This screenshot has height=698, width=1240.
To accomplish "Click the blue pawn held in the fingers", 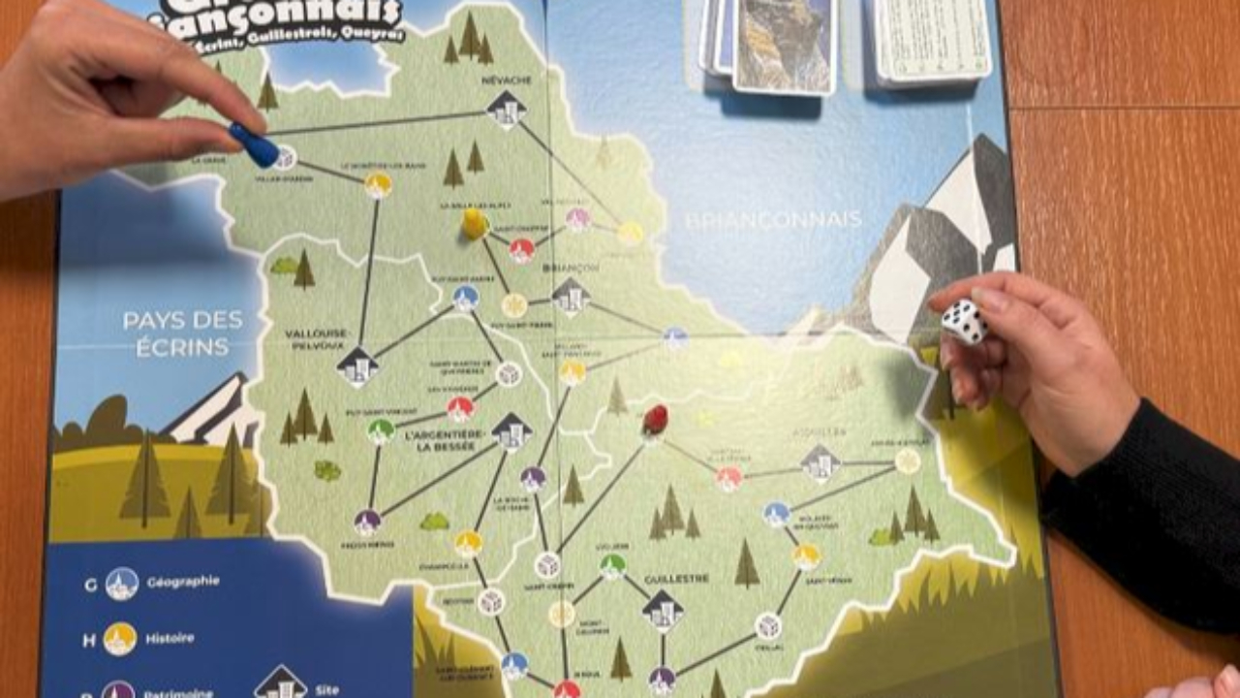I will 254,144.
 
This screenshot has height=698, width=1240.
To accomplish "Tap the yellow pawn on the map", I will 475,224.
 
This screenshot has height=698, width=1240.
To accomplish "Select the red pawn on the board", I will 655,420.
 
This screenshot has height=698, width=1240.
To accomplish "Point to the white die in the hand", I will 965,322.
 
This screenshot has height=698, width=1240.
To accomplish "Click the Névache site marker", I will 507,110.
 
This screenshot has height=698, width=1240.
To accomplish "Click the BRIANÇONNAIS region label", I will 773,219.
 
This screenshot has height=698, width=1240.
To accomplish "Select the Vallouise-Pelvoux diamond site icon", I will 357,365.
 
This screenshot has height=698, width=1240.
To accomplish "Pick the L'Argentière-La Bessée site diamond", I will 511,432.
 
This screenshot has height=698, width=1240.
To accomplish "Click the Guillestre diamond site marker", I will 663,609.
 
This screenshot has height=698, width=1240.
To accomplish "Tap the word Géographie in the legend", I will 183,582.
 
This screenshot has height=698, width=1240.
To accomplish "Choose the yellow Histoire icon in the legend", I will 120,638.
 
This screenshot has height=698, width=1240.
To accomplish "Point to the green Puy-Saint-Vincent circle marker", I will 381,431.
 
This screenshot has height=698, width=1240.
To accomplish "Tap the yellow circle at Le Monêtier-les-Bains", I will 378,184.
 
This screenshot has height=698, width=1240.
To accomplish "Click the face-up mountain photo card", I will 785,44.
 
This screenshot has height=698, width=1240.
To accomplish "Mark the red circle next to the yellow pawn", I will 522,251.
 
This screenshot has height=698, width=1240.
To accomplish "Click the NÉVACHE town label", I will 505,81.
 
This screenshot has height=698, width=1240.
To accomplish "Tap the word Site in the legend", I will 327,689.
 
